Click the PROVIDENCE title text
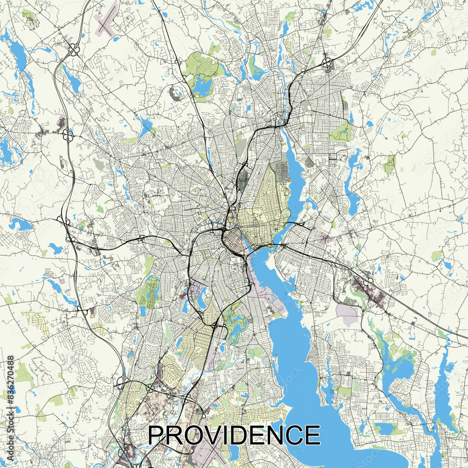(234, 435)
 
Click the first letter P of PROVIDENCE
(156, 435)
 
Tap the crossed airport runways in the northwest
(105, 21)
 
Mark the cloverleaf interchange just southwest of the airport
(73, 50)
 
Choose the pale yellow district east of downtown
(262, 206)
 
